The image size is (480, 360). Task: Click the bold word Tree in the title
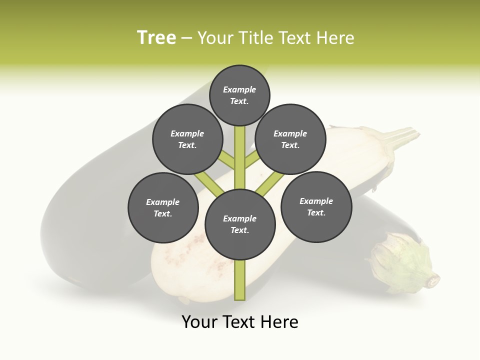point(156,38)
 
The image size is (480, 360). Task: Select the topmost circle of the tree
point(239,95)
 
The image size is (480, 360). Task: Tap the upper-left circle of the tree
point(187,139)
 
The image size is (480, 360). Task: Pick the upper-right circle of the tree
point(290,139)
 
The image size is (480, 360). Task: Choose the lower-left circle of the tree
point(163,207)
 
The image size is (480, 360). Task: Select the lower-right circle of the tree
point(316,206)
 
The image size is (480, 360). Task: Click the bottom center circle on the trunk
point(240,224)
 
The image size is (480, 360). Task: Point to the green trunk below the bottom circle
point(240,280)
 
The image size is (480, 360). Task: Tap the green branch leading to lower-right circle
point(269,183)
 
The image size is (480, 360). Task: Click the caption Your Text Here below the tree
point(240,322)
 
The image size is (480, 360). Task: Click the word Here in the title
point(336,38)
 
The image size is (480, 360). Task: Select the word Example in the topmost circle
point(239,89)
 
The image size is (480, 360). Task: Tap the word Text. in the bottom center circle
point(239,230)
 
